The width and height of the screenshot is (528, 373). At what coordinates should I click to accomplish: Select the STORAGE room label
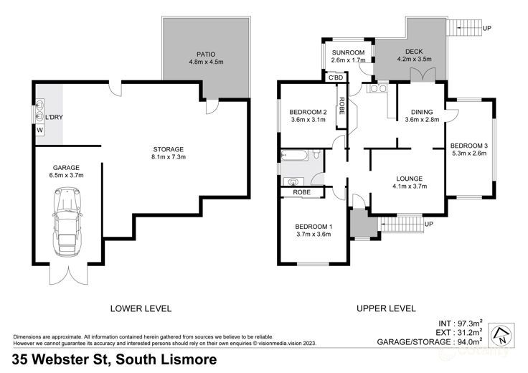(168, 148)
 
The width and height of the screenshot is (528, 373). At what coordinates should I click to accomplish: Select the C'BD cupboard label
(354, 77)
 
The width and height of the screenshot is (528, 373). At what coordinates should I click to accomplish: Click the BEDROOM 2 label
(308, 112)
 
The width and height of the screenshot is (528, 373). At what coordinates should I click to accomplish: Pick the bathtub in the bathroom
(296, 155)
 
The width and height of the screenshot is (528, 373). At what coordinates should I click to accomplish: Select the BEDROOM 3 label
(470, 143)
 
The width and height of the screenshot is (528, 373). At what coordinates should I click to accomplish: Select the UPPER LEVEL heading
(386, 308)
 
